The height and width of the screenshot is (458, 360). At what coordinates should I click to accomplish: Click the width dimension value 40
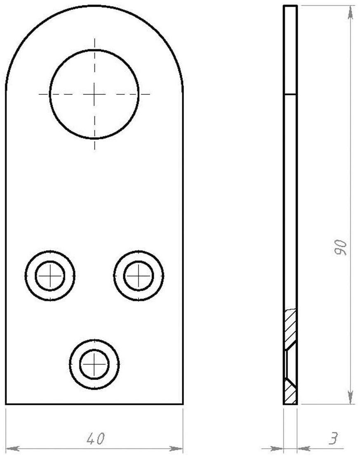click(95, 439)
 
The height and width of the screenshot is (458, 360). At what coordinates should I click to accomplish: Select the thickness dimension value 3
click(334, 438)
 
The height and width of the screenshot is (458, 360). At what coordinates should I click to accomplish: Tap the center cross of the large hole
click(94, 94)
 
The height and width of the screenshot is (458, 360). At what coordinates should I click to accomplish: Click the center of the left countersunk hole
click(50, 275)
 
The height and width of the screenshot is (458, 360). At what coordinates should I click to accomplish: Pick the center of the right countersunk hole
click(139, 275)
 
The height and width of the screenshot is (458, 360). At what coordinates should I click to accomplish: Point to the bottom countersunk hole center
click(94, 364)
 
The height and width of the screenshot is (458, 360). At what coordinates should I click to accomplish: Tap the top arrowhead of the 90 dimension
click(350, 12)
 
